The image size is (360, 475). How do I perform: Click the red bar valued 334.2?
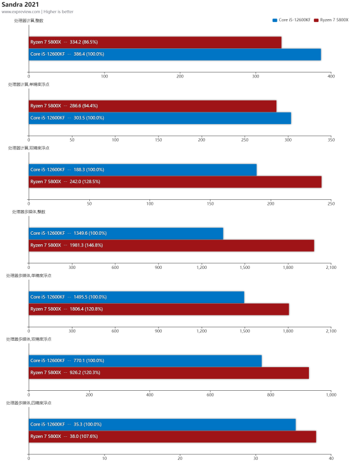coord(155,42)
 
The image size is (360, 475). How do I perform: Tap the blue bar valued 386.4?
coord(175,54)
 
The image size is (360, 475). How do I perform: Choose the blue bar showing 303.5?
coord(160,118)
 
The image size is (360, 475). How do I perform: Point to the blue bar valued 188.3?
coord(143,170)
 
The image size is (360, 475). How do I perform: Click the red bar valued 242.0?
coord(175,181)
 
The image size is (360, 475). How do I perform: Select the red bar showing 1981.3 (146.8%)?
coord(171,245)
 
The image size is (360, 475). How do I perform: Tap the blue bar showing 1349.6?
coord(126,233)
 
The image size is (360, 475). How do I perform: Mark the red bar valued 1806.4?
coord(159,309)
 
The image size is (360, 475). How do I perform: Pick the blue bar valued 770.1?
coord(145,360)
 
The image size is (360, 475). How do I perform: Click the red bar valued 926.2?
coord(169,373)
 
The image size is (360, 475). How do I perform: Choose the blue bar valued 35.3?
coord(162,424)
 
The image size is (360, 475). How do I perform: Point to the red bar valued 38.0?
coord(172,436)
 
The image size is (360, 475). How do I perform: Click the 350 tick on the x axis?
coord(331,140)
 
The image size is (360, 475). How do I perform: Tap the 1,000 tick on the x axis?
coord(331,395)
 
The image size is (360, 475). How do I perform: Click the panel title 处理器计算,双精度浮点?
coord(29,148)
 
